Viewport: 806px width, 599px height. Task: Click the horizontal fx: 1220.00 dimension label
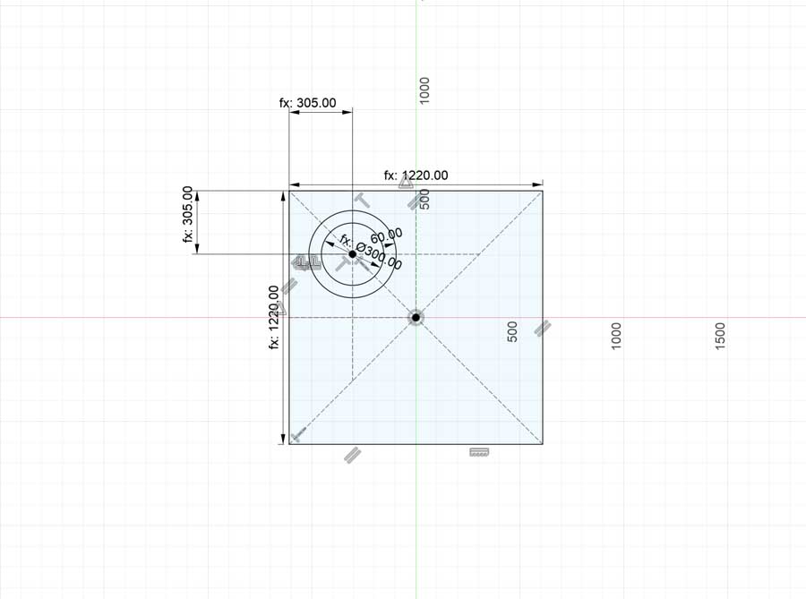(x=416, y=175)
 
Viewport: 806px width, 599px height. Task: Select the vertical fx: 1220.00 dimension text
(x=274, y=318)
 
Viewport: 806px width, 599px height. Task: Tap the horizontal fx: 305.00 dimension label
(x=307, y=103)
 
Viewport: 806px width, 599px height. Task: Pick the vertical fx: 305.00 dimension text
(x=188, y=214)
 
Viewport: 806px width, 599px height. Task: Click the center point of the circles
(x=352, y=254)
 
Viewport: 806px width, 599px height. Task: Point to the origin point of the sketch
(x=416, y=318)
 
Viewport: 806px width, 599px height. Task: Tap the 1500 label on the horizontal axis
(x=720, y=337)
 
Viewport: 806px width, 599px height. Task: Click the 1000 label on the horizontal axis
(x=616, y=337)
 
